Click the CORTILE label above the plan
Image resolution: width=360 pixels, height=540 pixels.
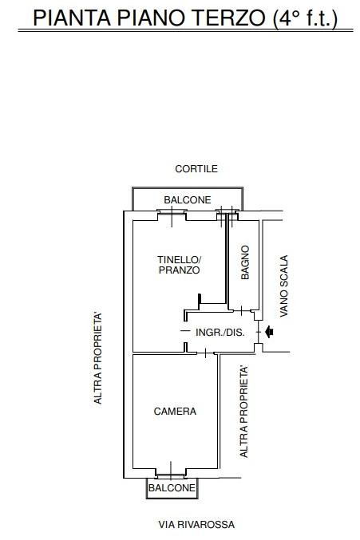[196, 169]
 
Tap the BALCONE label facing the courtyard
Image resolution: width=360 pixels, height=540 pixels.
[188, 200]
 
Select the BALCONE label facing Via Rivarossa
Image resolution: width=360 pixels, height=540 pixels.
[172, 487]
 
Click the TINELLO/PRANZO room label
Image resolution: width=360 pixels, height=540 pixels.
[179, 265]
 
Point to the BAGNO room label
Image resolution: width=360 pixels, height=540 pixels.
[245, 262]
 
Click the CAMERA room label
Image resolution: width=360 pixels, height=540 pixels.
[175, 412]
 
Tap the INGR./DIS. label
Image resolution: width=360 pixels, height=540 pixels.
[220, 333]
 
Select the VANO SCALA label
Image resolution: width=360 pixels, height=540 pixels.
[284, 286]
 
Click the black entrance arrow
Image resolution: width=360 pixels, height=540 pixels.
[269, 332]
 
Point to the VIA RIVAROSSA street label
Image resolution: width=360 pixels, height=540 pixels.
[196, 525]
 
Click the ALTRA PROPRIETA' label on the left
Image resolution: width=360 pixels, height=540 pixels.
[98, 358]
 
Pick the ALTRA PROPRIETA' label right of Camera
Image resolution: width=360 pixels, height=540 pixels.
[244, 412]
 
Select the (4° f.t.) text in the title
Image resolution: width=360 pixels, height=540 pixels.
[305, 18]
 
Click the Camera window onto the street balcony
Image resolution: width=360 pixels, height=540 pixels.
[171, 474]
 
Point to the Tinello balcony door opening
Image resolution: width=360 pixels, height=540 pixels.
[172, 215]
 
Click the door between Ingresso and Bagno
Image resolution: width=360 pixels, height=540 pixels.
[242, 310]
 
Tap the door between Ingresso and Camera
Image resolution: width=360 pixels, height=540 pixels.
[206, 353]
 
